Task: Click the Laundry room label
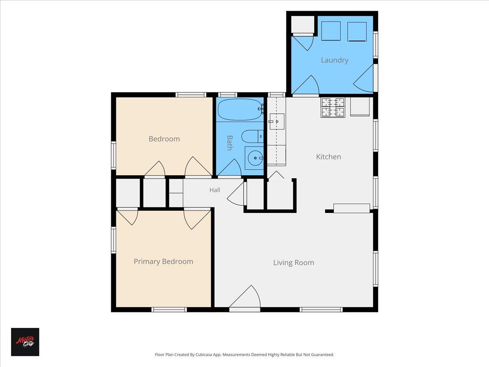pos(335,60)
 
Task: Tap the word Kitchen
pos(328,157)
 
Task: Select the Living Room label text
pos(294,263)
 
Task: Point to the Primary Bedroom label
pos(163,262)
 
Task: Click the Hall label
pos(215,190)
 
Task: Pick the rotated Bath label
pos(229,143)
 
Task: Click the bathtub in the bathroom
pos(240,109)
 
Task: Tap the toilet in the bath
pos(252,136)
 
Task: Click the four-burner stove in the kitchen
pos(333,107)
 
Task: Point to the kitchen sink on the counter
pos(277,122)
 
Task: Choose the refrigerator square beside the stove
pos(360,106)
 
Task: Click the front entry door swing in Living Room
pos(244,296)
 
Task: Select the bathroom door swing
pos(229,167)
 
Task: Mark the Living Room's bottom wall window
pos(321,310)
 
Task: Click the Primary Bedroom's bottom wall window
pos(169,310)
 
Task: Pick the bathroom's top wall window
pos(227,95)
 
